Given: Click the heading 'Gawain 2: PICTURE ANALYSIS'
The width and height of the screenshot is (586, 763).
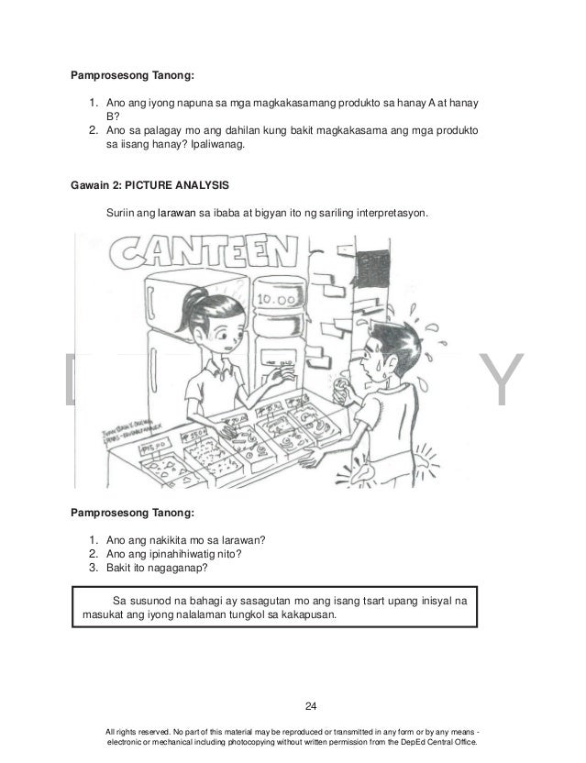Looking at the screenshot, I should pos(149,185).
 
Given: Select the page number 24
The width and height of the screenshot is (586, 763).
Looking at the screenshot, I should pos(310,705).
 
